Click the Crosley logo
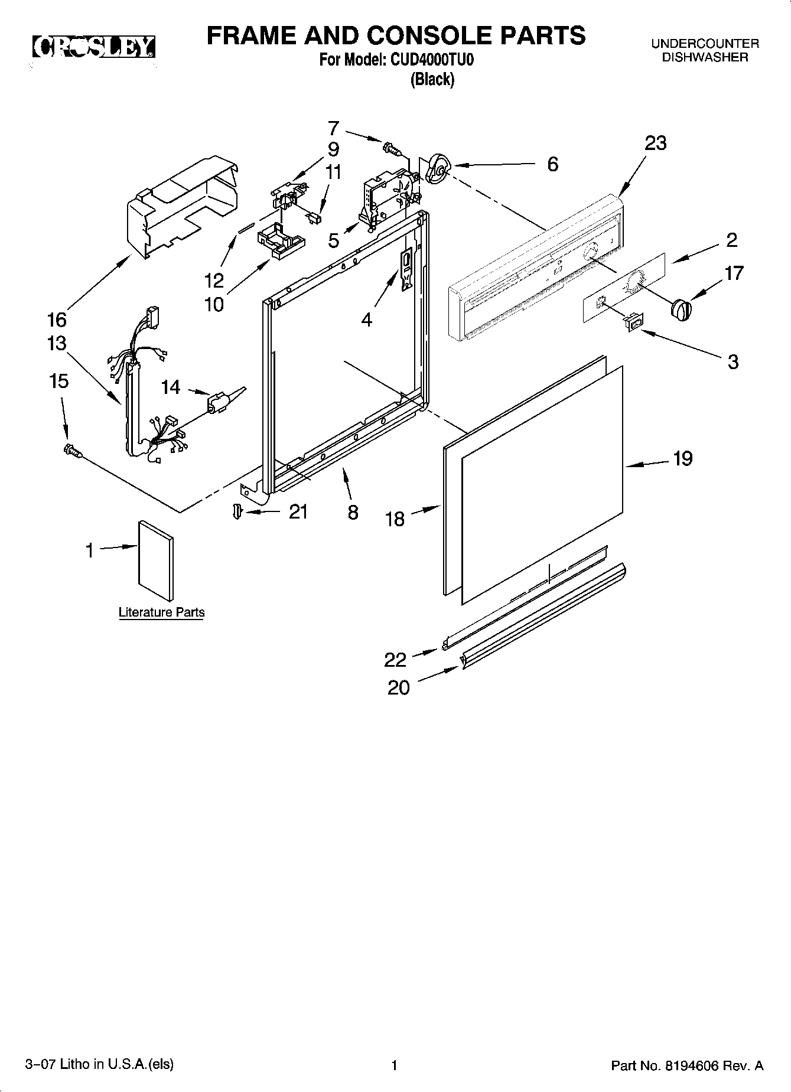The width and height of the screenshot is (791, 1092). pos(93,47)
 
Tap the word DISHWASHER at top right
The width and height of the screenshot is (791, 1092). pos(704,57)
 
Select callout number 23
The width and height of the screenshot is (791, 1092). pos(655,144)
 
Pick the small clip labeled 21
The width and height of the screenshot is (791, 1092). pos(237,511)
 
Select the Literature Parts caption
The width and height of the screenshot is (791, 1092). pos(161,612)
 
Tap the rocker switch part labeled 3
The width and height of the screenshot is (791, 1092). pos(634,322)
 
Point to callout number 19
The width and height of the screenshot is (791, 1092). pos(682,459)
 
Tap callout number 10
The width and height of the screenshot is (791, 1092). pos(214,304)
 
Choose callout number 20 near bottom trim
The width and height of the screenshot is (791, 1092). pos(399,687)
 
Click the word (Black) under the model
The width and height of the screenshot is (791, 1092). pos(432,79)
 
